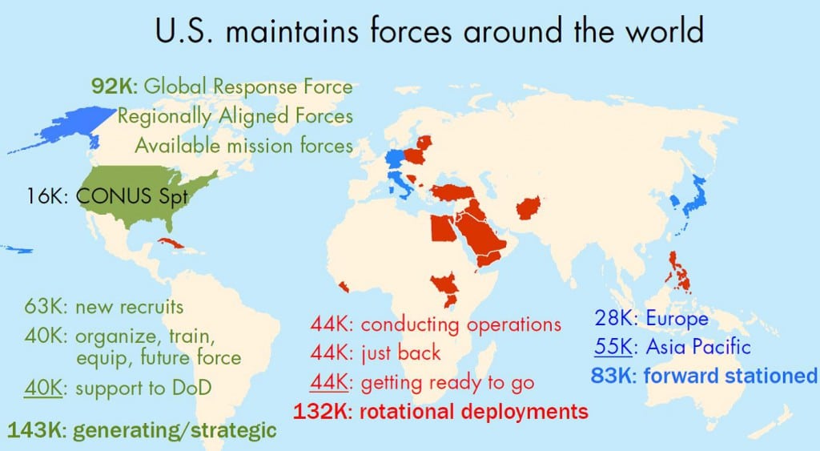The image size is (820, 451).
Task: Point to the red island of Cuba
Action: coord(175,243)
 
